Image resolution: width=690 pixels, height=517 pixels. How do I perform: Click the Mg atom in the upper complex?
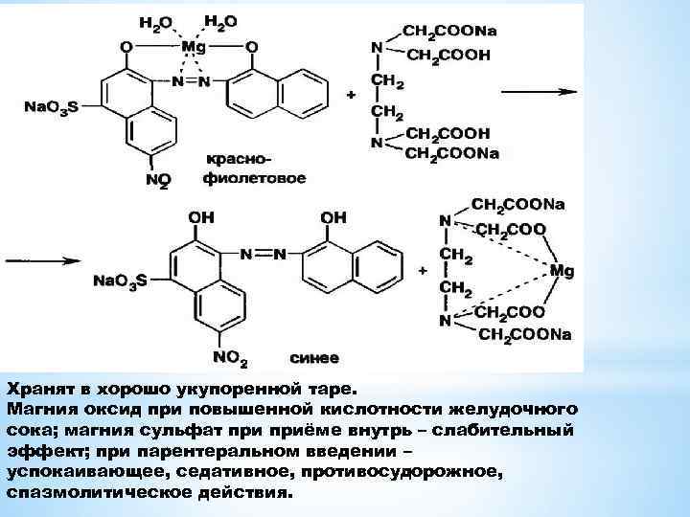click(195, 46)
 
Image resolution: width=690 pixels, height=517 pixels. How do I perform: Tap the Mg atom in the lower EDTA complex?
click(563, 271)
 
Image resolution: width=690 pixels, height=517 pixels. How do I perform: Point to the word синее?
click(313, 358)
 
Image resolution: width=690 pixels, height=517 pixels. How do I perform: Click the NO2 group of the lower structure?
click(231, 357)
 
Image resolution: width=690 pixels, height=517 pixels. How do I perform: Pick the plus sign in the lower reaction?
click(423, 271)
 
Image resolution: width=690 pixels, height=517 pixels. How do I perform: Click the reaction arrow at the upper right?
click(538, 93)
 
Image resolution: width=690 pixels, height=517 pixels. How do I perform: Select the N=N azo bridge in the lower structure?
click(263, 254)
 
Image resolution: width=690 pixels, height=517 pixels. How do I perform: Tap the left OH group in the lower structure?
click(201, 218)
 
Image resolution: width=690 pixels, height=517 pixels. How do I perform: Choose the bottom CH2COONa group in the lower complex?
click(524, 333)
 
